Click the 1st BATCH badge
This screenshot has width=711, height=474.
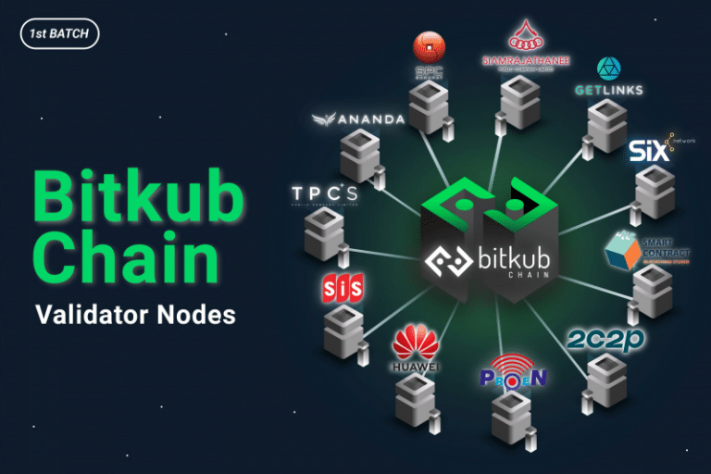58,34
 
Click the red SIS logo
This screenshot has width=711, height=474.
343,287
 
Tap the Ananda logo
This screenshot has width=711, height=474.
357,119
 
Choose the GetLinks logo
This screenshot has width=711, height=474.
608,78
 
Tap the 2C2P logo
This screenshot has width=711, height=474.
606,339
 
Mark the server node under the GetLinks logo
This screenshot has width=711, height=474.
607,125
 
